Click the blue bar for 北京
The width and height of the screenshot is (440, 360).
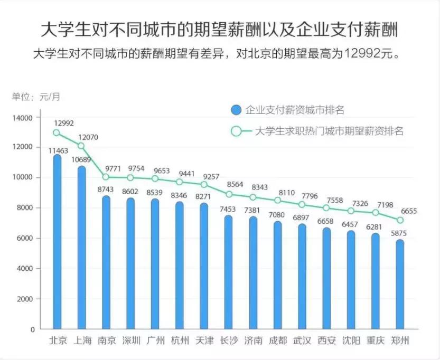[57, 243]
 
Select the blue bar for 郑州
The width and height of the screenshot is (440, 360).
[400, 285]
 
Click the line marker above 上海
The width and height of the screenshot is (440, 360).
[81, 146]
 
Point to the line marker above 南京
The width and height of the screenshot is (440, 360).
[106, 177]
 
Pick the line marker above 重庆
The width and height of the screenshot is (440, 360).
[376, 212]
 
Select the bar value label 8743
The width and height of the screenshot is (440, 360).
[106, 189]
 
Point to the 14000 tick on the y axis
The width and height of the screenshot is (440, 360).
[23, 117]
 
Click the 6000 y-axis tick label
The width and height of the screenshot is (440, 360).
[25, 238]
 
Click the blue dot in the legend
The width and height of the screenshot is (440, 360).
[236, 110]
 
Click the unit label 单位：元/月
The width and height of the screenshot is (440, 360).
[36, 97]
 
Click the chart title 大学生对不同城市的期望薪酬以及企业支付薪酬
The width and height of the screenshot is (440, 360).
[219, 30]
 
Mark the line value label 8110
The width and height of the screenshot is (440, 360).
[286, 193]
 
